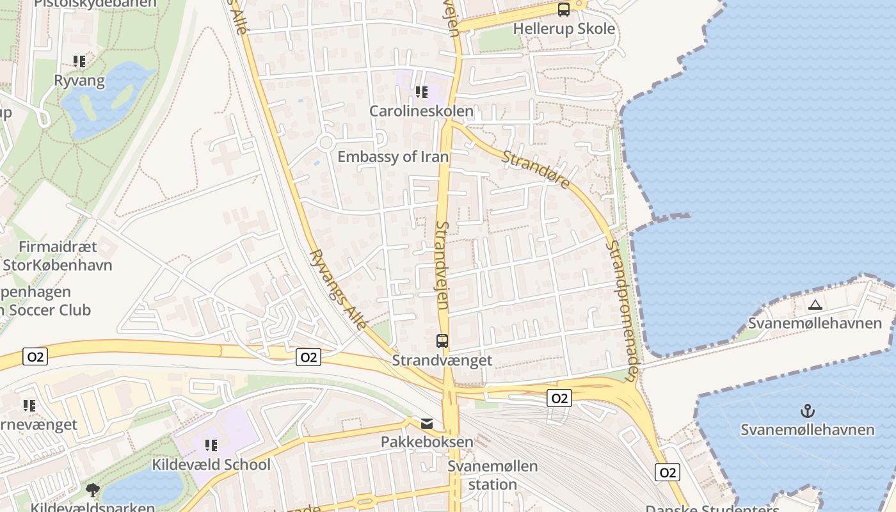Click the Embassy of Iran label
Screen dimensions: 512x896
393,157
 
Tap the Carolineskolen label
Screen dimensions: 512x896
421,111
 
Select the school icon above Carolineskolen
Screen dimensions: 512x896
421,92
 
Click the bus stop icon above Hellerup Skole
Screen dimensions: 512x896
563,10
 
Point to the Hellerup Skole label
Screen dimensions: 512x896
564,29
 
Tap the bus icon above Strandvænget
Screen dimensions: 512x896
442,341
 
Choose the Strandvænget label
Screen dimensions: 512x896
442,360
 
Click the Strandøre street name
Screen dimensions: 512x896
536,170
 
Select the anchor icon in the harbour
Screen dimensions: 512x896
807,410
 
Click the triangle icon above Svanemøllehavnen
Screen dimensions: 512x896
815,305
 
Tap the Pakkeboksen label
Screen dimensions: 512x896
427,442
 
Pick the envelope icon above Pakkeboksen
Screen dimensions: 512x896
427,424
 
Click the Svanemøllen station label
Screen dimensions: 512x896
492,475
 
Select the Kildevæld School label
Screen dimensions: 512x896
211,465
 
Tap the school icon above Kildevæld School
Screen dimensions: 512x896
211,445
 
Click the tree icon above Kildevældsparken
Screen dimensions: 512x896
93,490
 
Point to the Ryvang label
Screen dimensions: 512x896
79,81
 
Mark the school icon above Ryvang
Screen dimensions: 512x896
79,61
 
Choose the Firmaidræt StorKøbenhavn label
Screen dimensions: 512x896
58,256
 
